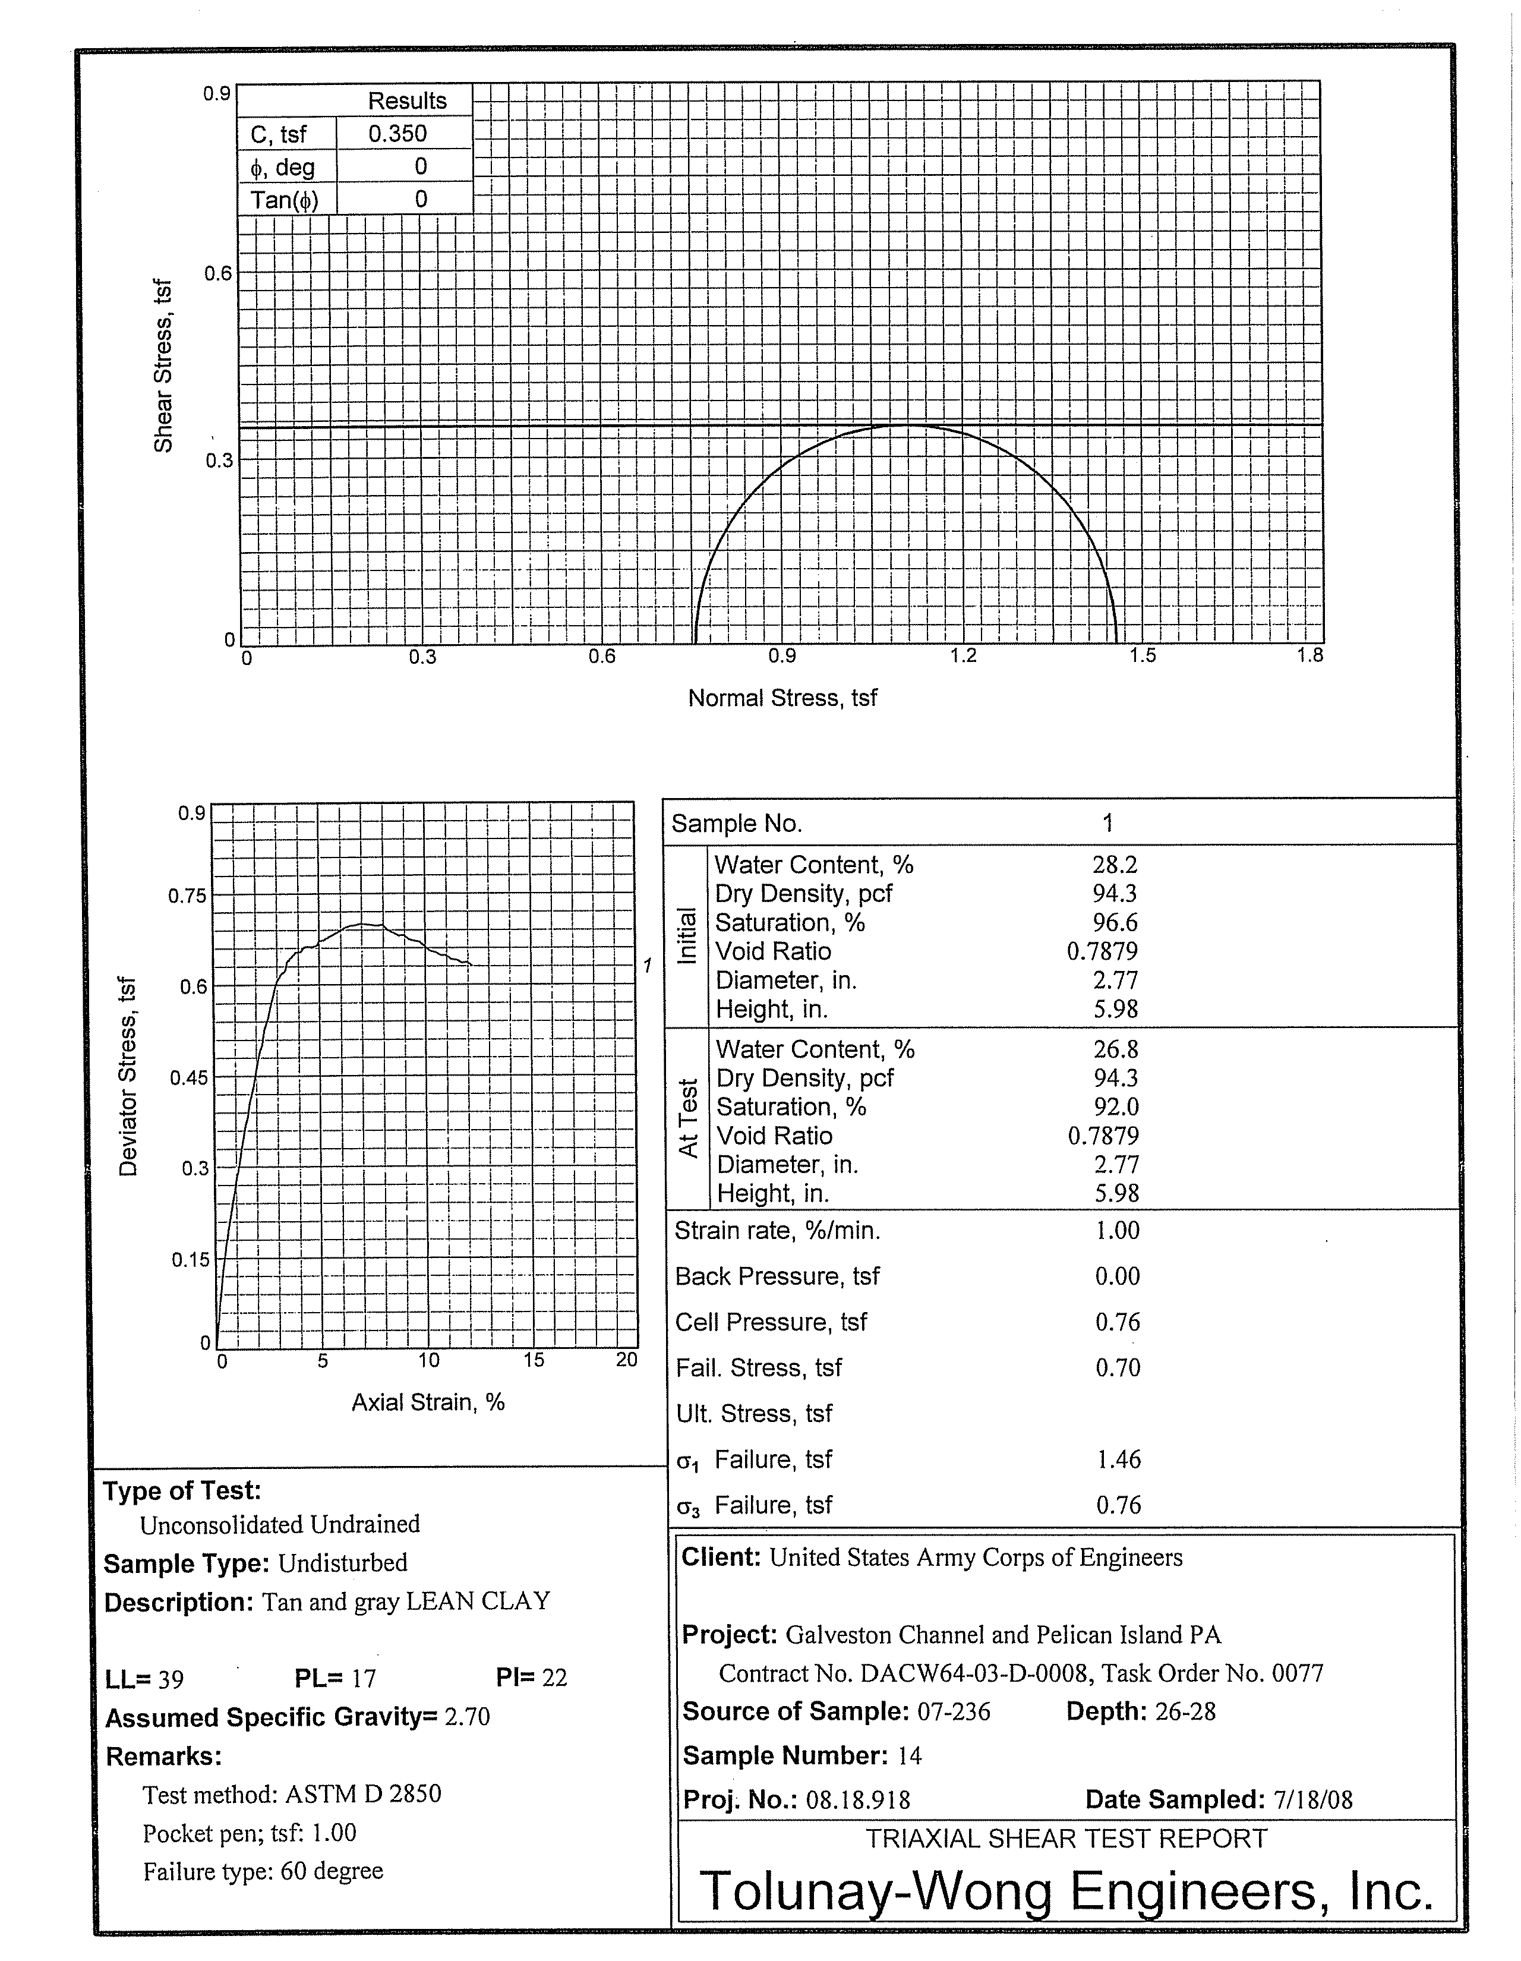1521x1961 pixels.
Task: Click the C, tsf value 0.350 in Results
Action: click(397, 134)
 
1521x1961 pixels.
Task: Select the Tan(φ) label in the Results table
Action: click(285, 199)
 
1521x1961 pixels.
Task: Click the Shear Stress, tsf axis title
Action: click(163, 365)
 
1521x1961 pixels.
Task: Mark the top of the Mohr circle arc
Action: click(905, 425)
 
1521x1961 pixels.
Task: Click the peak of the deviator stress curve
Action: click(364, 924)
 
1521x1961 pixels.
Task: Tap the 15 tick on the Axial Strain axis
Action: click(534, 1360)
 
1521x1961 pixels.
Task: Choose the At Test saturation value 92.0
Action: click(1116, 1106)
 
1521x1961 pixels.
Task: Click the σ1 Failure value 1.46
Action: click(1118, 1459)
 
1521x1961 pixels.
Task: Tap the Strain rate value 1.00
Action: click(1117, 1230)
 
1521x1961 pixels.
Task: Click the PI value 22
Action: click(554, 1678)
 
